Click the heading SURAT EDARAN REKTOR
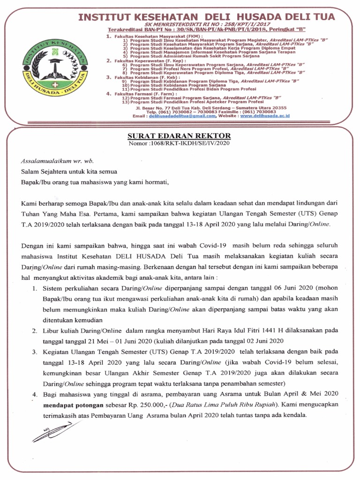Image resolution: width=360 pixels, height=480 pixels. (x=180, y=135)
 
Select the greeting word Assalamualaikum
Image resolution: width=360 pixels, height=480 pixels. (x=45, y=160)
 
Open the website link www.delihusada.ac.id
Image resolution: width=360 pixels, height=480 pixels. (x=265, y=115)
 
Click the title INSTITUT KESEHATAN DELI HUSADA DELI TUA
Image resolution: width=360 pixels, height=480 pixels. (x=206, y=17)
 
